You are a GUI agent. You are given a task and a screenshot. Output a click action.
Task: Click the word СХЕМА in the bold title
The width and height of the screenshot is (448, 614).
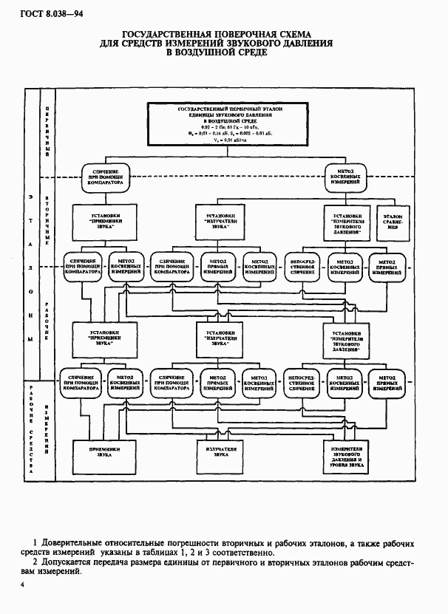289,34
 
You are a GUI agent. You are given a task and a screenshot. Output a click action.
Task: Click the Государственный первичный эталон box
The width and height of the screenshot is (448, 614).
225,122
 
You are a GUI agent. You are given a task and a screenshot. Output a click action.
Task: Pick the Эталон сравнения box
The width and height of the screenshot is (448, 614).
391,224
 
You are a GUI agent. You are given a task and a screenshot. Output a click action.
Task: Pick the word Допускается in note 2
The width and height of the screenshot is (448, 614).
71,564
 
